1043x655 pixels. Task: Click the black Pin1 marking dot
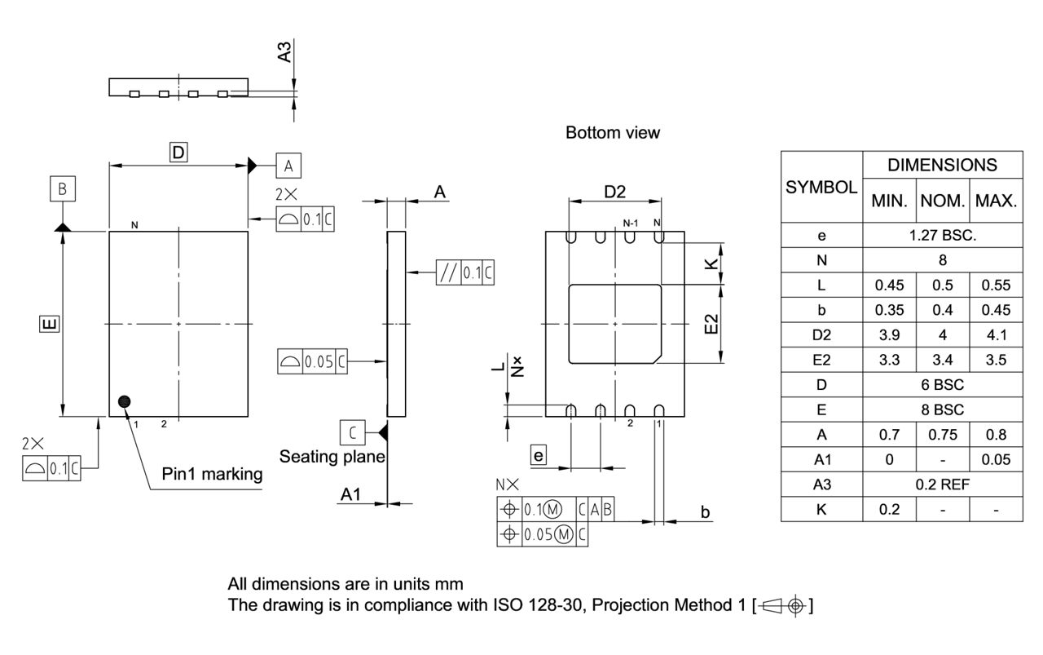coord(124,401)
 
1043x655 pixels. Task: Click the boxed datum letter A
coord(288,166)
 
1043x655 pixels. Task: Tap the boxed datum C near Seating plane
coord(352,430)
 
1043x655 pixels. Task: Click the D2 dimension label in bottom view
coord(614,192)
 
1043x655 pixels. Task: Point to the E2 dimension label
coord(711,323)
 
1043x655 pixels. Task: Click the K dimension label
coord(711,263)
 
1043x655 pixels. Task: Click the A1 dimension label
coord(350,494)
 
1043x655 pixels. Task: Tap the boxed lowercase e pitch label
coord(538,455)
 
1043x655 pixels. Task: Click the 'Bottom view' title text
coord(613,132)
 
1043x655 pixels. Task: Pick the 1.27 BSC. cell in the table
coord(942,236)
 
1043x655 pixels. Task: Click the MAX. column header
coord(996,201)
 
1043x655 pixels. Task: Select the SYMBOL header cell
coord(821,187)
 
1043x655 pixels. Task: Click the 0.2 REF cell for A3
coord(942,484)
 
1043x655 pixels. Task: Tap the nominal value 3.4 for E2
coord(942,360)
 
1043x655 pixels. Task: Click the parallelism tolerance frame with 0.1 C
coord(465,272)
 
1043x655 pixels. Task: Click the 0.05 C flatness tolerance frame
coord(313,361)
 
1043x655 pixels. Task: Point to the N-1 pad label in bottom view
coord(630,223)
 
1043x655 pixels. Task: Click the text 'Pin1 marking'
coord(212,474)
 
